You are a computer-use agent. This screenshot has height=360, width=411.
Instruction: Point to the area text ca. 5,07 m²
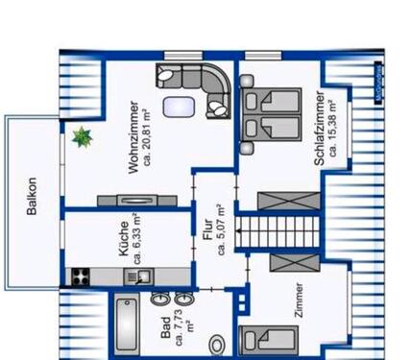pyautogui.click(x=221, y=230)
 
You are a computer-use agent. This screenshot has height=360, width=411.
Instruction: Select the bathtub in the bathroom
pyautogui.click(x=126, y=326)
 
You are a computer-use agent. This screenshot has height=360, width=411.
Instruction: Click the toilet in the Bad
pyautogui.click(x=218, y=342)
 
